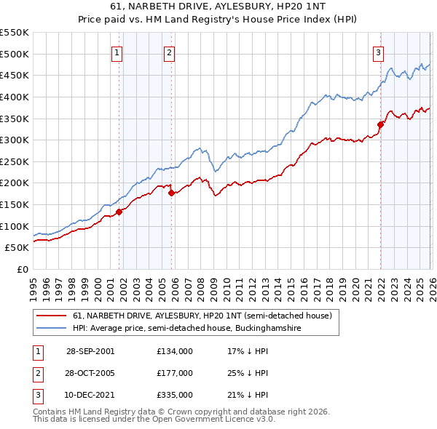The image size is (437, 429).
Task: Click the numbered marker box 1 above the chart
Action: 117,52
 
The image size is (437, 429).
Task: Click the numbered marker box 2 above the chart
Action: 169,52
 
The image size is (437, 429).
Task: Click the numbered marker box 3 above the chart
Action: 379,52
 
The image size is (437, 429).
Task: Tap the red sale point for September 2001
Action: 119,212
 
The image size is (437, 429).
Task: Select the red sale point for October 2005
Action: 172,193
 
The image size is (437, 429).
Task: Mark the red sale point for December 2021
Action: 380,124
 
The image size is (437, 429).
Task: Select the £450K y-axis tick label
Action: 15,75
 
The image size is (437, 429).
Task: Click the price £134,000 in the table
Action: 174,350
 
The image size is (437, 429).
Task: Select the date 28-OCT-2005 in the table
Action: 90,372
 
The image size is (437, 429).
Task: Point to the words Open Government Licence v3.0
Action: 219,420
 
